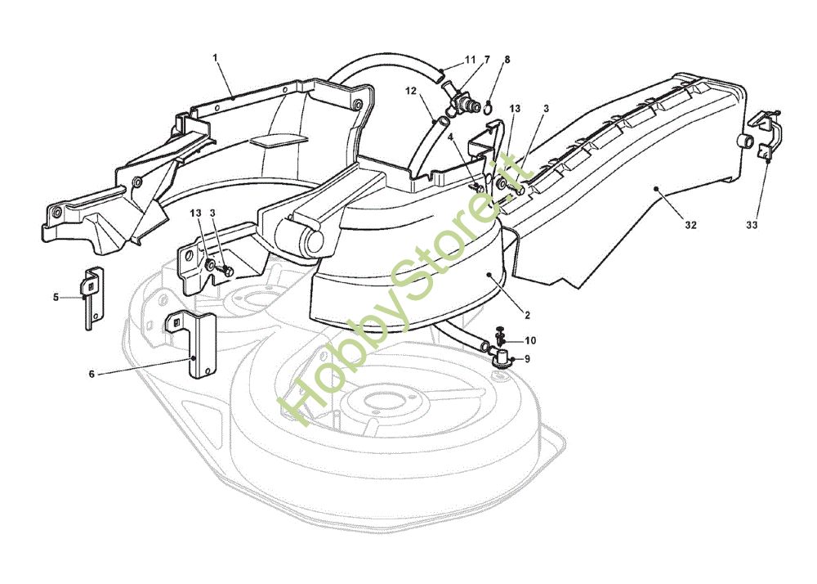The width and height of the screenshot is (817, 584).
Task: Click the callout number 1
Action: pos(216,58)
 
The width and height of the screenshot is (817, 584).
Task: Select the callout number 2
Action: pos(529,313)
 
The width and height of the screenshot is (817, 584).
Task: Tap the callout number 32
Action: pos(690,226)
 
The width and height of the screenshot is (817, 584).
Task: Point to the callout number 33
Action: pos(752,224)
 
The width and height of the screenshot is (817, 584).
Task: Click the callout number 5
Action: pos(56,297)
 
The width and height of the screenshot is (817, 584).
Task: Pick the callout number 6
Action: pos(92,374)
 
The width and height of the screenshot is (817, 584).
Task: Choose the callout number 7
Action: pos(487,60)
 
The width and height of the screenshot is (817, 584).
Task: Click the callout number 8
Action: pos(507,60)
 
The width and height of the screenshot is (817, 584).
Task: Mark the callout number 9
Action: pos(527,358)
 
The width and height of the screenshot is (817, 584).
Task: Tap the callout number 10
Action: pos(530,340)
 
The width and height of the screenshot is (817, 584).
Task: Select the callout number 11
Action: pos(470,60)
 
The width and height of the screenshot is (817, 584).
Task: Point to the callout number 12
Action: pos(411,92)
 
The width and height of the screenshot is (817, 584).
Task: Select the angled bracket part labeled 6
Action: pos(196,344)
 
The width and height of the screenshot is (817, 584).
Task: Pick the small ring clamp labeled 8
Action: pos(487,105)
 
